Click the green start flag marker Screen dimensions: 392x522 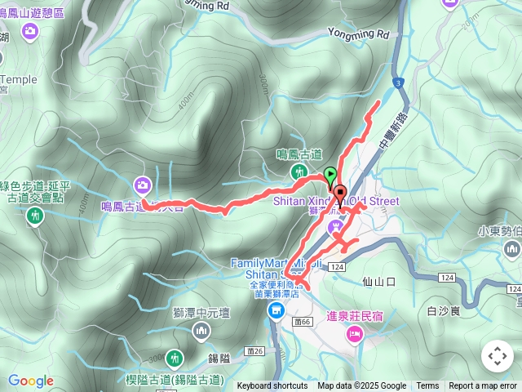330,174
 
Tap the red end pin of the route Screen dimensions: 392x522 339,195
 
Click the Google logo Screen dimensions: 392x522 31,381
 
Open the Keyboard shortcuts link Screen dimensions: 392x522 272,386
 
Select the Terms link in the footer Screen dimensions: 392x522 427,386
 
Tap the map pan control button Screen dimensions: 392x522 498,357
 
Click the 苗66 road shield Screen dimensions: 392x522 300,301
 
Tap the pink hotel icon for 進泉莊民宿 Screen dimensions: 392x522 354,332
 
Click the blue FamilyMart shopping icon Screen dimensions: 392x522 276,310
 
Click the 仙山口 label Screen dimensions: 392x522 378,282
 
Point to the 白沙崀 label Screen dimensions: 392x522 445,310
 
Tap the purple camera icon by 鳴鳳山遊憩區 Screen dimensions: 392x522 30,31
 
